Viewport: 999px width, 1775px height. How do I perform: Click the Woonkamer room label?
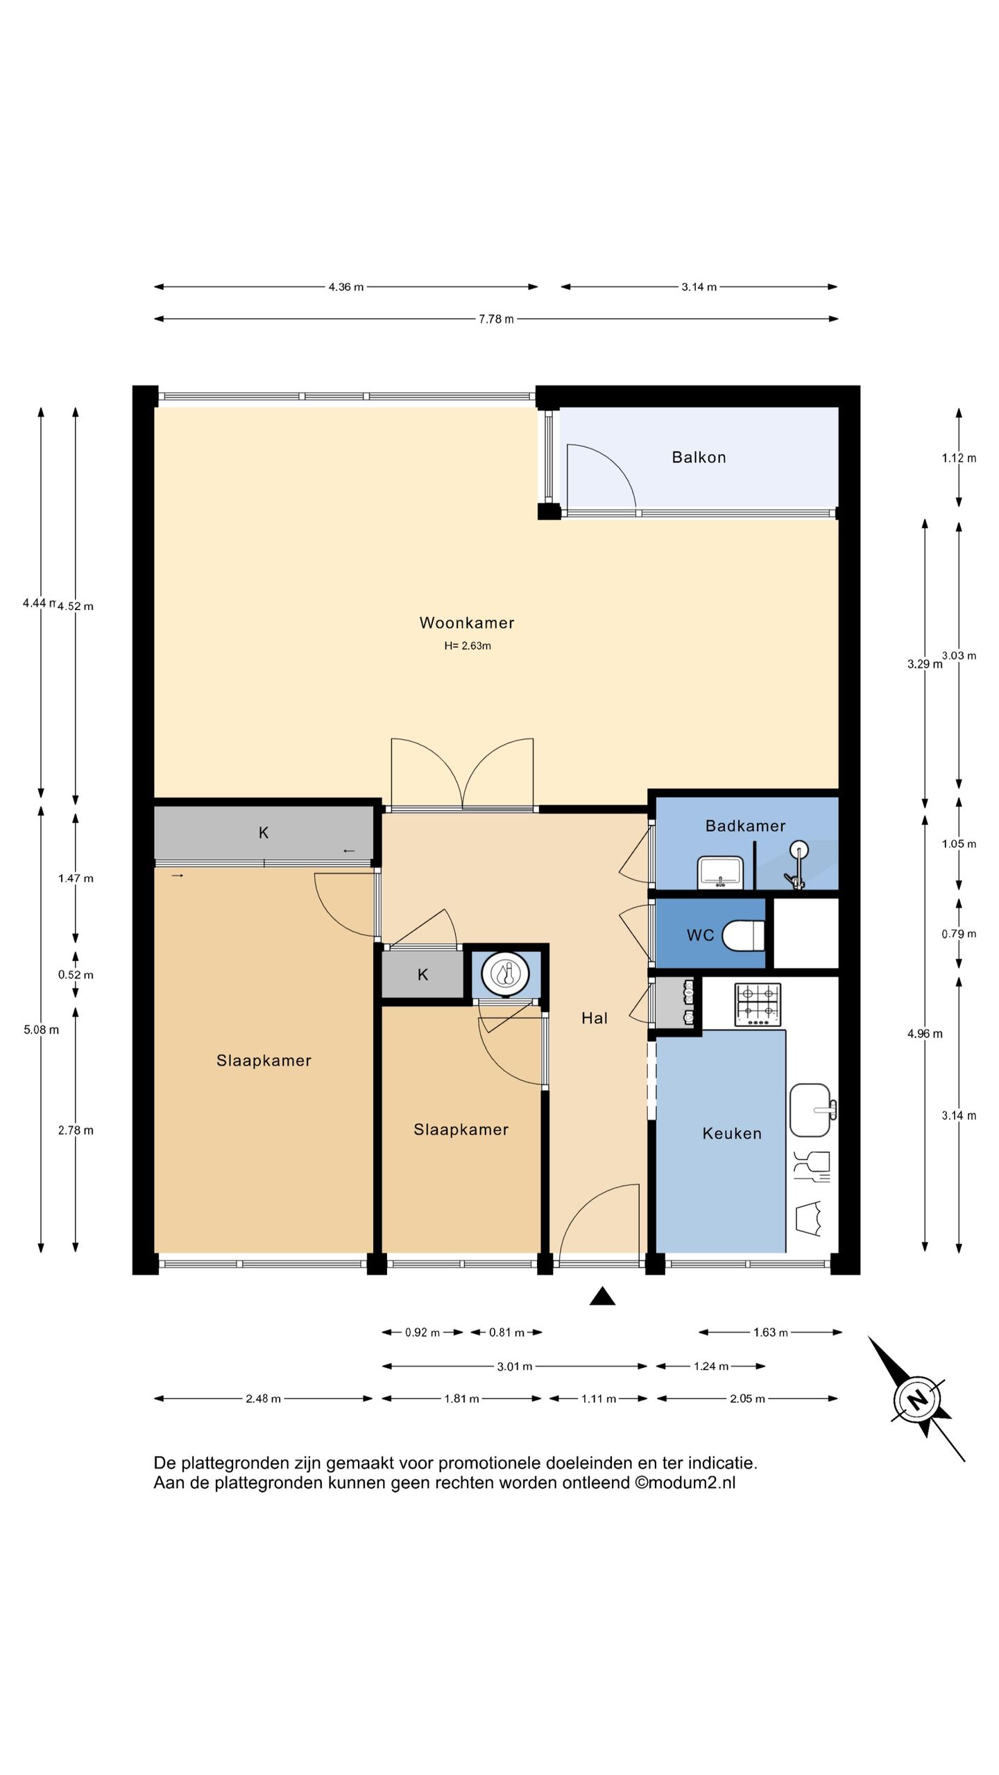coord(467,623)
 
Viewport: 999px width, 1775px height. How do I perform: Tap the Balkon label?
coord(699,457)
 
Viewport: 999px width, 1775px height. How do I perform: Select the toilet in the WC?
coord(743,935)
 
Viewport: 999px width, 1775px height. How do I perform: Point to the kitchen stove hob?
coord(758,1005)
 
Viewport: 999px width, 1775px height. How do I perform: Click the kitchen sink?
coord(812,1110)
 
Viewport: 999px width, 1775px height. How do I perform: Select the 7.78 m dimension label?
coord(496,319)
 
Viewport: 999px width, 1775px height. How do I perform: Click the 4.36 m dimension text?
coord(346,287)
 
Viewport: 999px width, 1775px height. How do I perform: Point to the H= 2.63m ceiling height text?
coord(468,646)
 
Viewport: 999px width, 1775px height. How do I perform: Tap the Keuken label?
coord(732,1133)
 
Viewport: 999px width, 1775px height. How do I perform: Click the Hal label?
coord(595,1018)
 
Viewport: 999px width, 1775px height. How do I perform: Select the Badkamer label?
coord(745,826)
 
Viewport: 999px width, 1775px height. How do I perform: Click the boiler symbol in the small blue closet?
coord(506,974)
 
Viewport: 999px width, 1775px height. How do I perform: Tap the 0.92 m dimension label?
coord(422,1333)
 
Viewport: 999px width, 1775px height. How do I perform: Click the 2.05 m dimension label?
coord(747,1399)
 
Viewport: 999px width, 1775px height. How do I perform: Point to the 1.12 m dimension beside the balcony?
coord(959,458)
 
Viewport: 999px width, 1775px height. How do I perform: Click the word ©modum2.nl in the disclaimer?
coord(685,1483)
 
